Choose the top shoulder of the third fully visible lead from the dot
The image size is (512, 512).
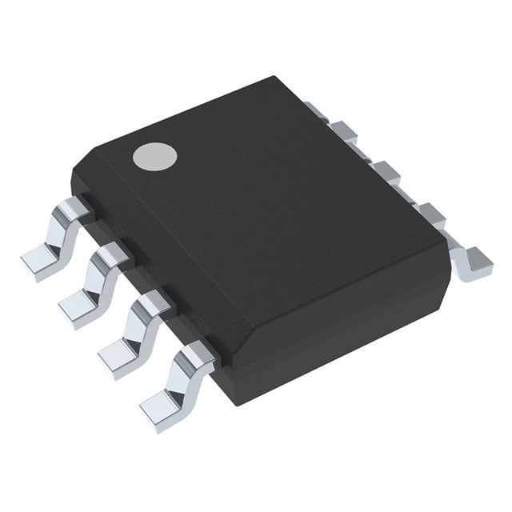[150, 302]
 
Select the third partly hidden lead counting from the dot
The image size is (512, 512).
[385, 170]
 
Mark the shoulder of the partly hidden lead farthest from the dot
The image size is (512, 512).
[430, 212]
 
